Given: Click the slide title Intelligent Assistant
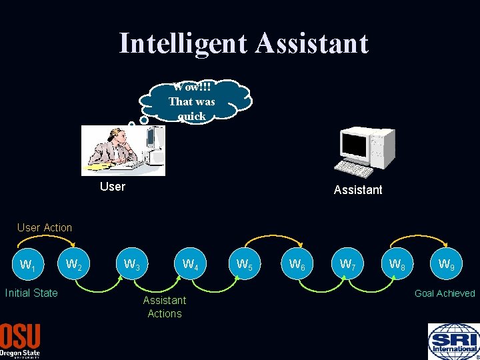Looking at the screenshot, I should tap(243, 43).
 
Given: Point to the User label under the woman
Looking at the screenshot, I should tap(112, 187).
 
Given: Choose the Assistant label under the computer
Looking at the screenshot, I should tap(358, 190).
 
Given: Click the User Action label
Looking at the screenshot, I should tap(45, 227).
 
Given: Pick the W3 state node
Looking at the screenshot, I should tap(132, 265).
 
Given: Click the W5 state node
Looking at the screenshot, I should tap(244, 265).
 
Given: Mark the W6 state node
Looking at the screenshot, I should tap(297, 265).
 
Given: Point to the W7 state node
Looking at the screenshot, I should tap(347, 265).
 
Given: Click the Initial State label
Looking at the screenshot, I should tap(31, 293).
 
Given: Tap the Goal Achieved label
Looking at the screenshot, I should tap(445, 293).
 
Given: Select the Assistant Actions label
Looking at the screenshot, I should tap(165, 307).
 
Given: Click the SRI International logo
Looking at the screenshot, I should tap(453, 341).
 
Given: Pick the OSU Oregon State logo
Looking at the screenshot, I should tap(20, 341).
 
